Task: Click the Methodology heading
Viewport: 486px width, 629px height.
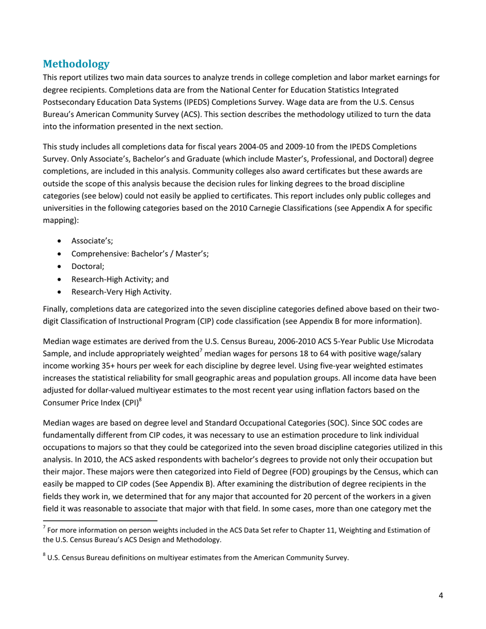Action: pos(76,64)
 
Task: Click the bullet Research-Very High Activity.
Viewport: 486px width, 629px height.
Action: pos(121,291)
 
